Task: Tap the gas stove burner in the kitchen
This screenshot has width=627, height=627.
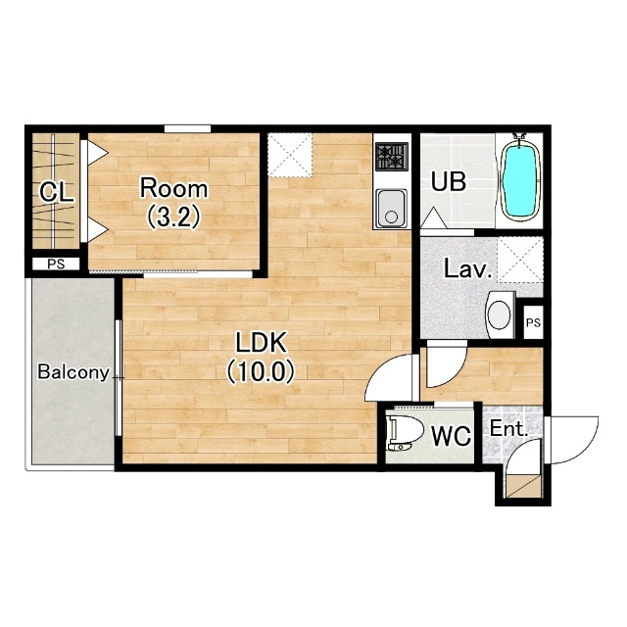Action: pos(392,156)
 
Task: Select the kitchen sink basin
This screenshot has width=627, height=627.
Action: pos(392,208)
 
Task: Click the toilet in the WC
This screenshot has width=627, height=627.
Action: pos(405,434)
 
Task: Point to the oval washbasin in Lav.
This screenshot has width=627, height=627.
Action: pos(500,314)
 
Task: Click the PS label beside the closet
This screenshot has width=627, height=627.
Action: pos(56,264)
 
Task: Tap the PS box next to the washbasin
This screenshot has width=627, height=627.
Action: pos(533,322)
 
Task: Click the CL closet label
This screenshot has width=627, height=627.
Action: pos(57,192)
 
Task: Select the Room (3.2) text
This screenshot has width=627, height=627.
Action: pos(173,203)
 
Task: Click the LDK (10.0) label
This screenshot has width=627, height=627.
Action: pos(261,357)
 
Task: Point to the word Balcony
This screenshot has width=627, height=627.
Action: pos(73,372)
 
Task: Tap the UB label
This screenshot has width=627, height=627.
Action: pos(449,182)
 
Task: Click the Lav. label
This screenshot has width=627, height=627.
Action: pos(468,269)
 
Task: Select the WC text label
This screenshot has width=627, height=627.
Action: pos(451,436)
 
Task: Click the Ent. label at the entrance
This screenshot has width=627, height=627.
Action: pos(509,429)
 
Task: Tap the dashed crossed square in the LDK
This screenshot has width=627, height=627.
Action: pos(290,155)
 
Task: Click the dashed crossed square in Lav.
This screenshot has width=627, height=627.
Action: pos(520,260)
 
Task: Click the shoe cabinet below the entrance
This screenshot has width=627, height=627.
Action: pos(523,486)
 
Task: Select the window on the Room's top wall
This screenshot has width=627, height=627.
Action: pos(187,128)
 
